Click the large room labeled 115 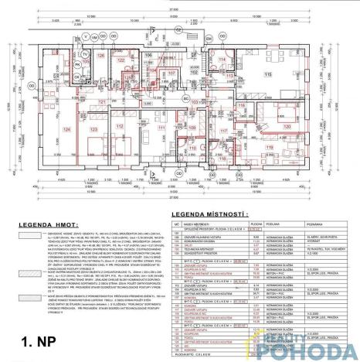point(268,73)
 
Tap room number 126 point(100,56)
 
